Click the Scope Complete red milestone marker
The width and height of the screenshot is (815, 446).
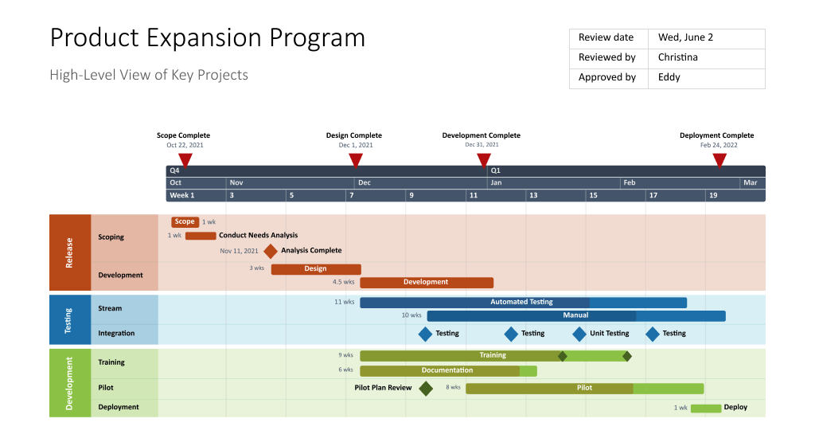(x=185, y=160)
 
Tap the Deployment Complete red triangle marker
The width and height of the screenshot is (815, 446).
(x=719, y=160)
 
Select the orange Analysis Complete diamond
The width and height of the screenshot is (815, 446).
(x=271, y=251)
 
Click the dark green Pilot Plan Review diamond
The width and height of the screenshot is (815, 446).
(x=426, y=389)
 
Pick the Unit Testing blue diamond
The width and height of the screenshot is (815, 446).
(x=579, y=334)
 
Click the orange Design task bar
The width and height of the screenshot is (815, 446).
(x=316, y=269)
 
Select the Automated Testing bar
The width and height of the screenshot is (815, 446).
(x=523, y=303)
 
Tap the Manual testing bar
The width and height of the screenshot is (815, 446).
(x=576, y=316)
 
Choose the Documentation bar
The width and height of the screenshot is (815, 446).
(x=448, y=370)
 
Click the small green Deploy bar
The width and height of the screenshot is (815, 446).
(x=705, y=408)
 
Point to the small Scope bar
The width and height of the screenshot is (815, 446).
(x=185, y=222)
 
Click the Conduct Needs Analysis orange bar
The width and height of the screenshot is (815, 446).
(x=201, y=236)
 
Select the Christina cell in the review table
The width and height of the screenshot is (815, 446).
(x=707, y=57)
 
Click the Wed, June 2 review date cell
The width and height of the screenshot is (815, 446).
(x=707, y=37)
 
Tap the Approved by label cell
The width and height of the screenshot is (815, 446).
(x=607, y=77)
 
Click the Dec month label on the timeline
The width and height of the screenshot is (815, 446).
(x=364, y=183)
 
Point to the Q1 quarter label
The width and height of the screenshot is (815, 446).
(x=495, y=170)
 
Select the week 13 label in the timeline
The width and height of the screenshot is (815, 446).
(x=533, y=196)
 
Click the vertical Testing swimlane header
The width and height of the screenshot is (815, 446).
(x=69, y=320)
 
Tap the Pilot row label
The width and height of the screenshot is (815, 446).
(x=106, y=388)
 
